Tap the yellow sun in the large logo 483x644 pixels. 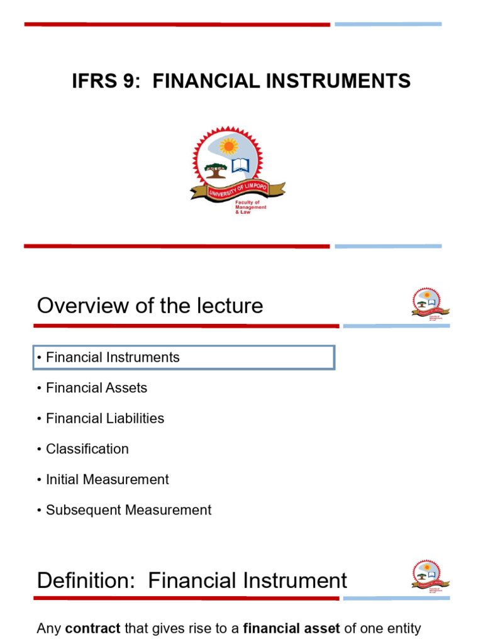coord(228,146)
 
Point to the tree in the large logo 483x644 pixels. coord(216,169)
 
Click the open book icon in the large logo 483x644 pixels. coord(240,165)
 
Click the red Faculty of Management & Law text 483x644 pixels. coord(250,207)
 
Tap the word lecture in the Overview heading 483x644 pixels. coord(228,306)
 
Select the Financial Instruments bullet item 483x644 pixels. coord(113,357)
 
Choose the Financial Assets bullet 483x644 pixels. coord(96,388)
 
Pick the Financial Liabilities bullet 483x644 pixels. coord(105,418)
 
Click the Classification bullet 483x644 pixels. coord(87,449)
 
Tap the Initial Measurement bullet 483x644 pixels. coord(107,479)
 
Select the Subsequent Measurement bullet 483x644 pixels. coord(128,510)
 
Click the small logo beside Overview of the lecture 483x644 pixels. coord(431,304)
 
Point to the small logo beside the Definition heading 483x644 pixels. coord(431,575)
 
